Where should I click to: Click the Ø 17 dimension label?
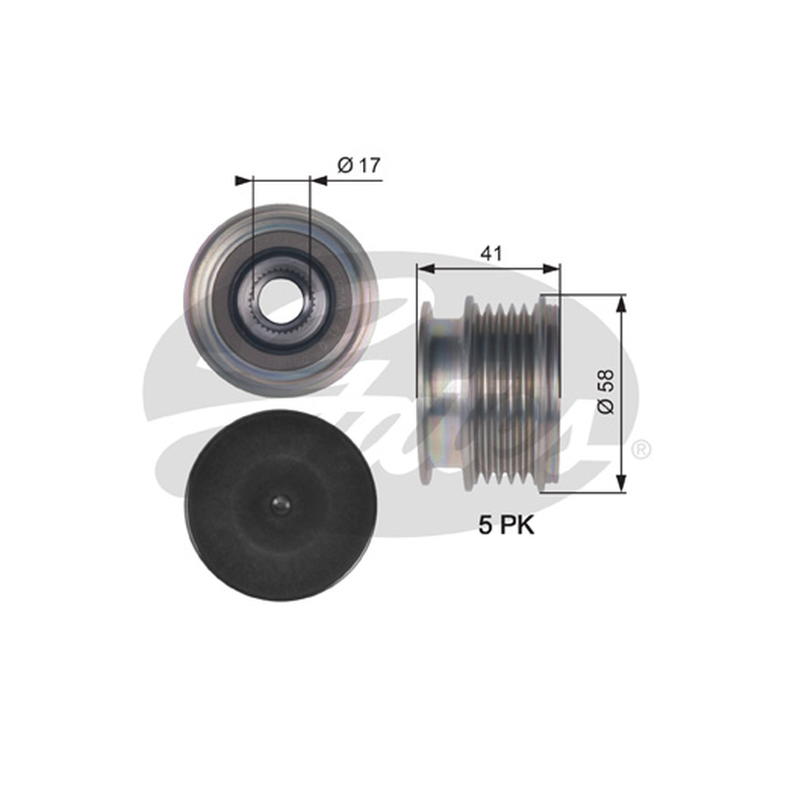359,164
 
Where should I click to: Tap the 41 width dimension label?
491,254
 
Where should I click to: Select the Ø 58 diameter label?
606,391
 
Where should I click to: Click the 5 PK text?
506,525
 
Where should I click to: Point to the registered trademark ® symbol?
640,450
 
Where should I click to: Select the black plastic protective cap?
279,506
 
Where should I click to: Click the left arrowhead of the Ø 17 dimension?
243,181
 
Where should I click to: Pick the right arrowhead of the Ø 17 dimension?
319,181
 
